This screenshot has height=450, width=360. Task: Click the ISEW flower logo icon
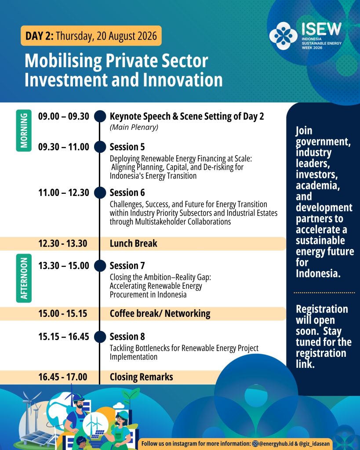tap(283, 36)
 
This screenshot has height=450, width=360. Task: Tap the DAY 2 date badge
tap(91, 36)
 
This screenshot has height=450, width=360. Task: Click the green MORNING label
tap(24, 131)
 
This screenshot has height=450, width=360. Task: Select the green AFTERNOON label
tap(24, 278)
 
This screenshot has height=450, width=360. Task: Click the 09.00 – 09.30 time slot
tap(64, 116)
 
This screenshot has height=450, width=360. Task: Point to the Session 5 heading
tap(127, 147)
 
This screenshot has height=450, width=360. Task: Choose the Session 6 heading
tap(127, 192)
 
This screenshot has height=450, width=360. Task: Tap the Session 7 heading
tap(127, 266)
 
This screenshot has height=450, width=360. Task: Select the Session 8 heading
tap(127, 337)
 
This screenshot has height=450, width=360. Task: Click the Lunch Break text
tap(134, 243)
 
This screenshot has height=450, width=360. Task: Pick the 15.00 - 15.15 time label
tap(63, 314)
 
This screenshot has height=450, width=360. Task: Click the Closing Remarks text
tap(141, 377)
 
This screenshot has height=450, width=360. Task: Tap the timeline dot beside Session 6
tap(100, 192)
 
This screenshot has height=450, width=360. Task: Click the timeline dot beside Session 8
tap(100, 337)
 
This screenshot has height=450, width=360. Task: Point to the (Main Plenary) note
tap(134, 127)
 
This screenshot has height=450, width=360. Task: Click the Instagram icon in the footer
tap(255, 444)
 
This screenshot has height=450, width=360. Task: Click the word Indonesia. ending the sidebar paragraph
tap(318, 273)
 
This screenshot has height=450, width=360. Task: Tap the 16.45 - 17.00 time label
tap(63, 377)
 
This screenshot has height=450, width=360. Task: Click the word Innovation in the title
tap(183, 80)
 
